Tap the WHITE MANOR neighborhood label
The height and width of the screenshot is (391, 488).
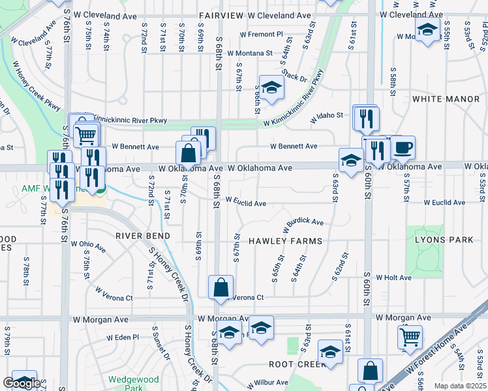click(x=446, y=99)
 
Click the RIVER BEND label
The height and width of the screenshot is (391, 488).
click(x=143, y=236)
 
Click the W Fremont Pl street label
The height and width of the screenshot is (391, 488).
click(x=262, y=34)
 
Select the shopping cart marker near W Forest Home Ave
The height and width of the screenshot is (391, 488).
click(x=410, y=337)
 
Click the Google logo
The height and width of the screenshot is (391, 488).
click(x=22, y=383)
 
